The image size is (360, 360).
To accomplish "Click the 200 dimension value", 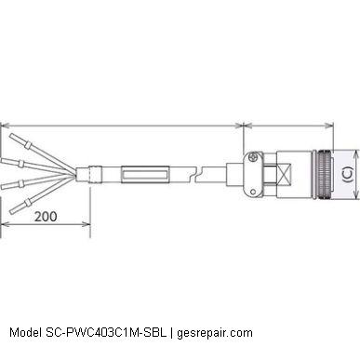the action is [x=46, y=217].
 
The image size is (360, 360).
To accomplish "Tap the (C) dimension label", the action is [x=348, y=174].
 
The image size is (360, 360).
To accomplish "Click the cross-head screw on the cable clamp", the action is [x=253, y=157].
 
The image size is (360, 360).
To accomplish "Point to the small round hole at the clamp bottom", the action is [x=253, y=192].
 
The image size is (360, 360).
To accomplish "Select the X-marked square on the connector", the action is [x=285, y=174].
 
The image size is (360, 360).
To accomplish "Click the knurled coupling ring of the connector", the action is [x=323, y=174].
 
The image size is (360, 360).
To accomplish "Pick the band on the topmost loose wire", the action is [x=28, y=145].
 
